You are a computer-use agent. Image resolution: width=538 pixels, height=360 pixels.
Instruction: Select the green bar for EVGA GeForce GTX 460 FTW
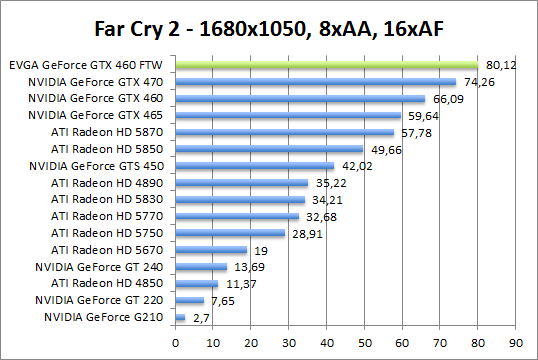click(x=326, y=65)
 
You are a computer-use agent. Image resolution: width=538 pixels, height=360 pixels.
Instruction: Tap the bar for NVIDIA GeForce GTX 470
click(x=315, y=82)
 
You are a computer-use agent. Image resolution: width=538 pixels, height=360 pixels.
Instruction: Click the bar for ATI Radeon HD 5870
click(x=284, y=132)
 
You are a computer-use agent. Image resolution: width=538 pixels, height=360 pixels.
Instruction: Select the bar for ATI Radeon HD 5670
click(x=211, y=250)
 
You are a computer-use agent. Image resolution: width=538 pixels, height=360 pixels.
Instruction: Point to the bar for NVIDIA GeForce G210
click(x=180, y=317)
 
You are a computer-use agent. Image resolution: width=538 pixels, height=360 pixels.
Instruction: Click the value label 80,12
click(x=500, y=66)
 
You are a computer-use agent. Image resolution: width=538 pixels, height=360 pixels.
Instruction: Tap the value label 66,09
click(x=446, y=99)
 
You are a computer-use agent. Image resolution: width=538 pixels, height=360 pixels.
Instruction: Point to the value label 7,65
click(x=222, y=300)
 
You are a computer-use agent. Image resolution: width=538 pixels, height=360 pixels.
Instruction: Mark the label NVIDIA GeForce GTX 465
click(x=98, y=115)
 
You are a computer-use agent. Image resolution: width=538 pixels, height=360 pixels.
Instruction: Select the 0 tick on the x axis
click(x=175, y=339)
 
